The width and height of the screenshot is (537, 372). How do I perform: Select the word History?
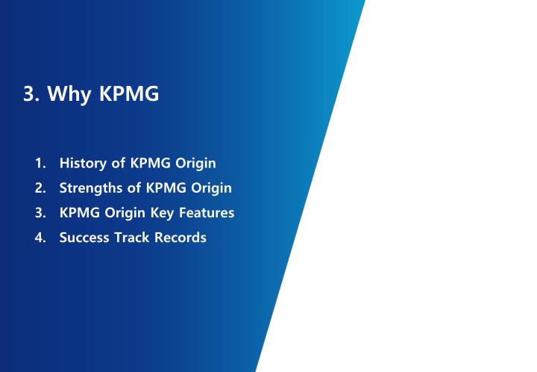(82, 163)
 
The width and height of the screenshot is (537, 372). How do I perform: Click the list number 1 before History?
(39, 163)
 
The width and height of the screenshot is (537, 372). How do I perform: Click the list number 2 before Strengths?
(39, 187)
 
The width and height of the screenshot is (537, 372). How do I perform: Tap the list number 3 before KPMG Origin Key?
(39, 213)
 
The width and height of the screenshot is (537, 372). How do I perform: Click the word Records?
(180, 238)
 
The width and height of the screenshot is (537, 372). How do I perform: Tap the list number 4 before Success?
(39, 238)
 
